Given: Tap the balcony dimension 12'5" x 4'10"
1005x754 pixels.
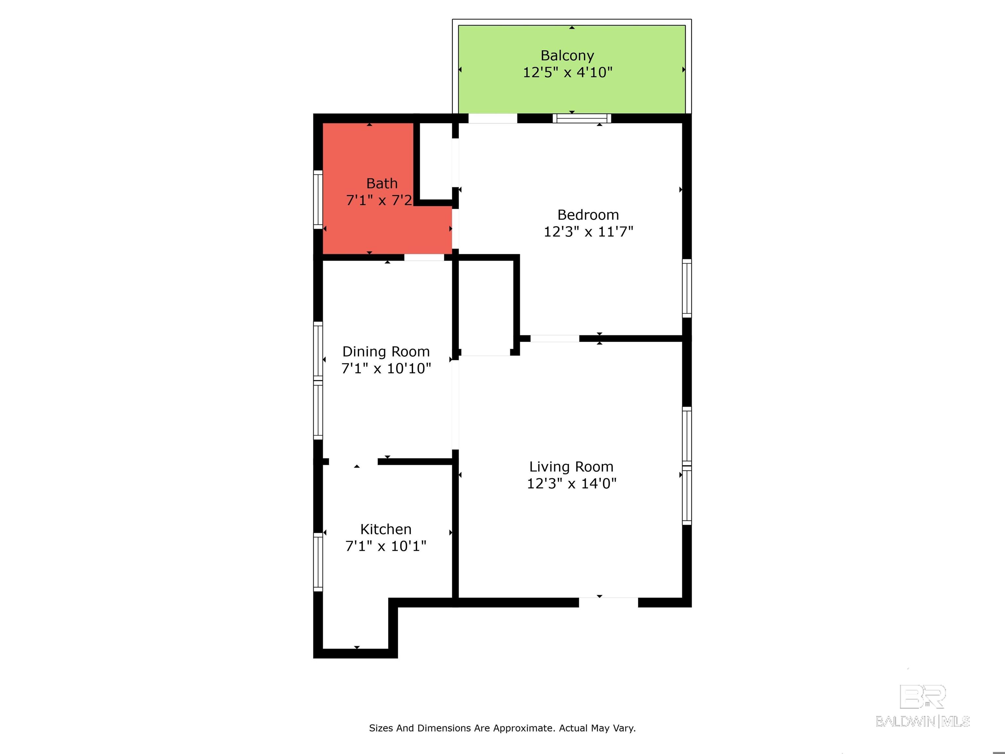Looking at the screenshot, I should tap(568, 72).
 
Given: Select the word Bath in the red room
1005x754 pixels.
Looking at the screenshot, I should tap(382, 183).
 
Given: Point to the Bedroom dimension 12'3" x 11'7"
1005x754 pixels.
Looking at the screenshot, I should tap(588, 232).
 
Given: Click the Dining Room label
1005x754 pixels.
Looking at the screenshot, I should tap(386, 351).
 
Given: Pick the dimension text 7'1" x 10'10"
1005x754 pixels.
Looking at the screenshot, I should tap(386, 368).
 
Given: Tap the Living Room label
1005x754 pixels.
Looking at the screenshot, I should tap(571, 467).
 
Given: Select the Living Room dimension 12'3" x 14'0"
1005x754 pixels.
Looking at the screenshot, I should tap(571, 484).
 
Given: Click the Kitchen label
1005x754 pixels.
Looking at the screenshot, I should tap(386, 529).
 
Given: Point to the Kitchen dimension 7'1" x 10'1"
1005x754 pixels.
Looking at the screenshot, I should tap(386, 546).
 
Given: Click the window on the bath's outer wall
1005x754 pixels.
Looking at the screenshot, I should tap(318, 200).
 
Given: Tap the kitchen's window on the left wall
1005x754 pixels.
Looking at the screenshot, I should tap(318, 562).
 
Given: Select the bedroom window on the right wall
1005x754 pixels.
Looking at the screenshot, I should tap(687, 288).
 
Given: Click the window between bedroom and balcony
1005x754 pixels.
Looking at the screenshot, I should tap(582, 118).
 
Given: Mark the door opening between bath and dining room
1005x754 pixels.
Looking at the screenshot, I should tap(424, 257).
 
